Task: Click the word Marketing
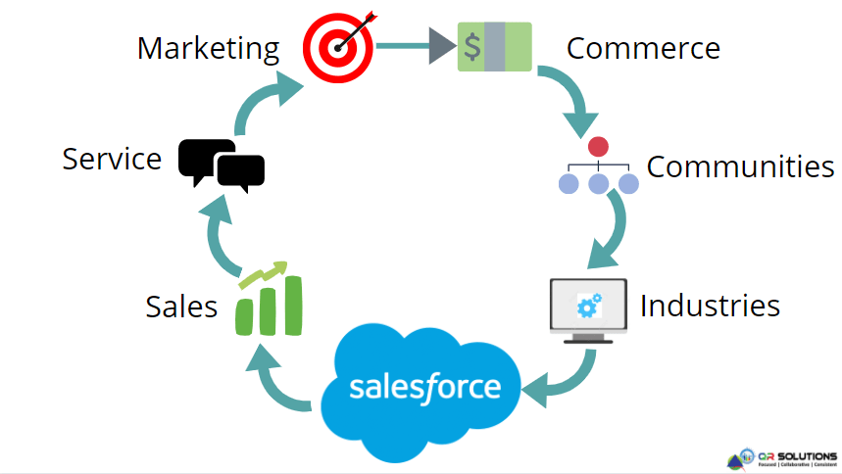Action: pyautogui.click(x=208, y=48)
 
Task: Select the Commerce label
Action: pyautogui.click(x=643, y=47)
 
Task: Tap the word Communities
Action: pyautogui.click(x=740, y=166)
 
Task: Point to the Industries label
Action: pyautogui.click(x=710, y=306)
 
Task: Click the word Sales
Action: pyautogui.click(x=181, y=307)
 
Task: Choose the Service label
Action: pyautogui.click(x=112, y=159)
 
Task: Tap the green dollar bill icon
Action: pyautogui.click(x=494, y=46)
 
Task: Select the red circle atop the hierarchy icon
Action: pyautogui.click(x=598, y=147)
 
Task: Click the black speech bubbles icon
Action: pyautogui.click(x=222, y=164)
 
